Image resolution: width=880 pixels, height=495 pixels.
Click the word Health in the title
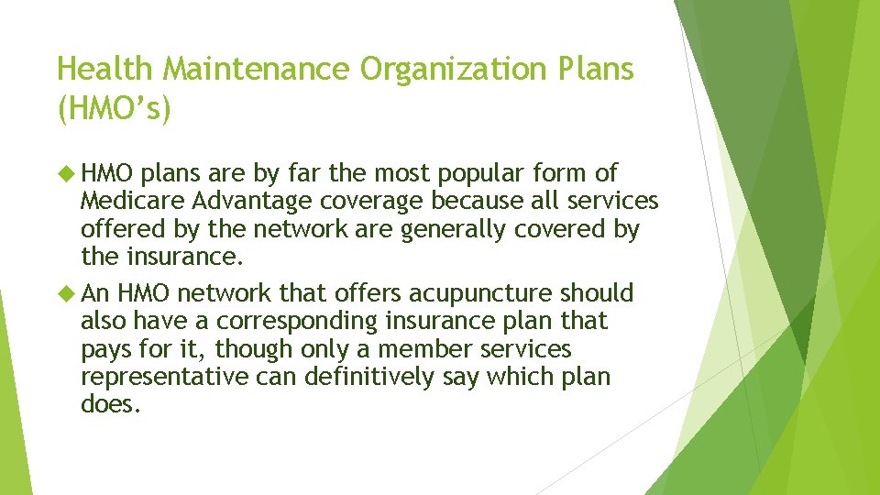pyautogui.click(x=98, y=69)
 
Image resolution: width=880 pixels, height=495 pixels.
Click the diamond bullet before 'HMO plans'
pyautogui.click(x=67, y=173)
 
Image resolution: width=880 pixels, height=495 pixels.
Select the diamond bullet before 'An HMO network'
pyautogui.click(x=67, y=293)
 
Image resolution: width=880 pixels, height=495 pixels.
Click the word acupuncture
pyautogui.click(x=468, y=293)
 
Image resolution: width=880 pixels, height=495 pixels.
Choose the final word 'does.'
pyautogui.click(x=111, y=404)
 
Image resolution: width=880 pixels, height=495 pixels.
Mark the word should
pyautogui.click(x=598, y=293)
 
